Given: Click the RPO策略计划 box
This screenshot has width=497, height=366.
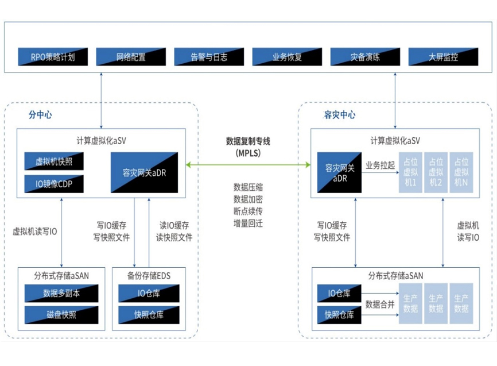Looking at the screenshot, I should (x=53, y=57).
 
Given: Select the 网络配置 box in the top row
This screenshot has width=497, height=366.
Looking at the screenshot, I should (x=130, y=57).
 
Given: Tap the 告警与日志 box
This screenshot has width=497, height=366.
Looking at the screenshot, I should (x=208, y=57).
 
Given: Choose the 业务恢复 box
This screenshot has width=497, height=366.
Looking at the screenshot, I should (x=287, y=57).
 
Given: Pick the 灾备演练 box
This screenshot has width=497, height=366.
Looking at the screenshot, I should (x=365, y=57).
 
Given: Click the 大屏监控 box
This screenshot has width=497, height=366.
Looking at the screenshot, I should (x=443, y=57).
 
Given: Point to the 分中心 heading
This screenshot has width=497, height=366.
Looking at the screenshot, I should (x=40, y=114).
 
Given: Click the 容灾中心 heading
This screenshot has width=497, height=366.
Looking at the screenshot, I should (x=340, y=114).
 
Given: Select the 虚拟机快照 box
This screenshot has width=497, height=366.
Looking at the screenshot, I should (x=53, y=161).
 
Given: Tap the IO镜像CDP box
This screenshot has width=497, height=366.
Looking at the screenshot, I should (x=53, y=184).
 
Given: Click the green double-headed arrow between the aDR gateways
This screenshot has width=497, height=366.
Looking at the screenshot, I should (x=248, y=165).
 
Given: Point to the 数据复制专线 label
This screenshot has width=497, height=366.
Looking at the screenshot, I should (x=248, y=141).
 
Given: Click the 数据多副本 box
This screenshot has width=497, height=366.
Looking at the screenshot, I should (x=62, y=294).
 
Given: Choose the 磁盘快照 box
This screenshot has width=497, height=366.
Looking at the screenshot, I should (x=62, y=315).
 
